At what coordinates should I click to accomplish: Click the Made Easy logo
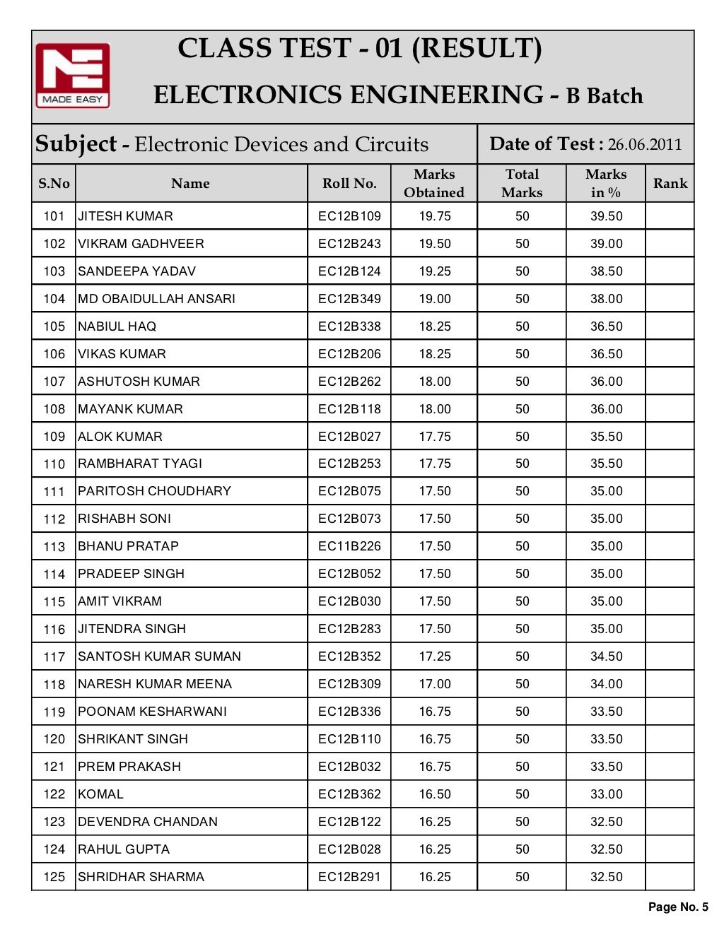(73, 76)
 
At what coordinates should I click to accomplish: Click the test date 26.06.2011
(644, 145)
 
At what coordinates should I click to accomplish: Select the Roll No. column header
(349, 184)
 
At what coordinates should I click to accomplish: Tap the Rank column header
(670, 184)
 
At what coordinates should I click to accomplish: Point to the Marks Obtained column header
(434, 184)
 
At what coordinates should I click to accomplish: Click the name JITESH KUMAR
(125, 216)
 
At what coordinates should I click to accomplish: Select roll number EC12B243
(349, 244)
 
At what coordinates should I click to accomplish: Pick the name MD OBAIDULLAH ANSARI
(156, 299)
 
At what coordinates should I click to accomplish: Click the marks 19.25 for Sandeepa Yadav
(434, 271)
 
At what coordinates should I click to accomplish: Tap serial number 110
(54, 464)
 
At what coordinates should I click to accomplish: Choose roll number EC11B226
(349, 546)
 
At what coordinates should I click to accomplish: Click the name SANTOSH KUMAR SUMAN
(159, 656)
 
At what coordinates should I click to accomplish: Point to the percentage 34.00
(606, 684)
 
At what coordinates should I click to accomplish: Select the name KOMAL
(100, 794)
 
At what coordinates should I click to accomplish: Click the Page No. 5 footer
(677, 907)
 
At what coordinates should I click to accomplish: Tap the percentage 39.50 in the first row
(606, 216)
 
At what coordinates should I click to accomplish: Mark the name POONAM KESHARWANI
(152, 712)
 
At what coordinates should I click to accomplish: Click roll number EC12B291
(349, 877)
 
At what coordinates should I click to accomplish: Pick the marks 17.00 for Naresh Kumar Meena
(434, 684)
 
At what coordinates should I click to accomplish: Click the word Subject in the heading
(76, 144)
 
